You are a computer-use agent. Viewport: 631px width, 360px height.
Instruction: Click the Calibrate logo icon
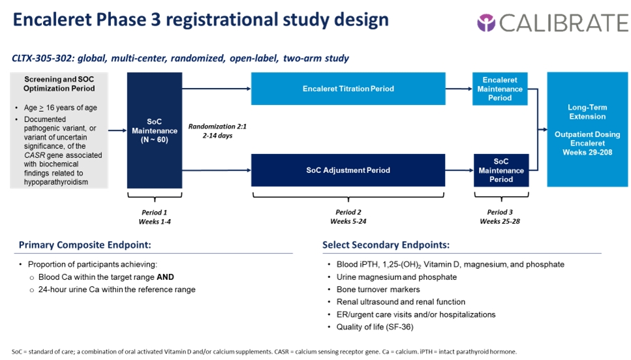tap(487, 23)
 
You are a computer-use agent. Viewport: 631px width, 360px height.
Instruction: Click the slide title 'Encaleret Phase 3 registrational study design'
tap(201, 20)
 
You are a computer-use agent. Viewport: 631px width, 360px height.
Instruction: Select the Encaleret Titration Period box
tap(348, 89)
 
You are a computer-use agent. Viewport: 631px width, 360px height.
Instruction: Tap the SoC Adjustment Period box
tap(348, 170)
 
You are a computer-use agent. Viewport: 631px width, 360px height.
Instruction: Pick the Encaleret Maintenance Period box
tap(500, 89)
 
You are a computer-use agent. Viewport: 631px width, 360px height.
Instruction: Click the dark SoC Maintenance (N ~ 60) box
tap(155, 130)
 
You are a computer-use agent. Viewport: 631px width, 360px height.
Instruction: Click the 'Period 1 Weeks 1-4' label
tap(155, 217)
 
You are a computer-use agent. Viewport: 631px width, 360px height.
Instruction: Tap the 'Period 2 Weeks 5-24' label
tap(348, 217)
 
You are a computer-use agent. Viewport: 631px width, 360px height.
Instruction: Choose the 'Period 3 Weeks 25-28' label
tap(500, 217)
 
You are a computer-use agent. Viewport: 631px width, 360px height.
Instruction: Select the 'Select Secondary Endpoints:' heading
tap(386, 245)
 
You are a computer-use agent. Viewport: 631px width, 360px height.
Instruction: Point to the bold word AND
tap(165, 277)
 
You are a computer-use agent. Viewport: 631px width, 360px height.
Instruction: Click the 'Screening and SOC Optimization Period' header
tap(59, 84)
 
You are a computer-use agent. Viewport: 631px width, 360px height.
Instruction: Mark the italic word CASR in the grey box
tap(33, 155)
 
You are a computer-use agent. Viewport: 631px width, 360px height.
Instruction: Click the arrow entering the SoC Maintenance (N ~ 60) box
tap(117, 130)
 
